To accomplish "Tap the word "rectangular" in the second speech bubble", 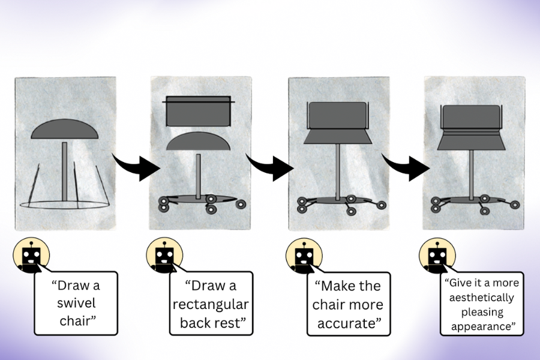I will pos(211,305).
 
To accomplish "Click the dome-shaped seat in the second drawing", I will pos(197,142).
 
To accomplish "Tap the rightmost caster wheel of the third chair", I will pos(380,205).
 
